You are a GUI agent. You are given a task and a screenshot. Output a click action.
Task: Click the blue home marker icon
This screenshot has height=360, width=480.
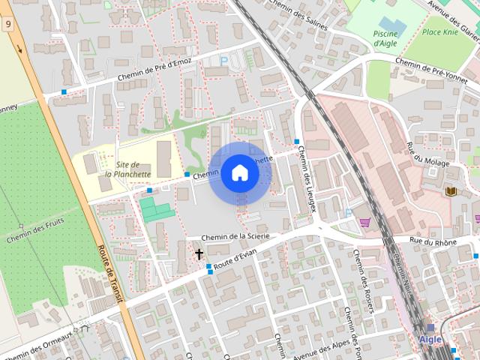pos(239,172)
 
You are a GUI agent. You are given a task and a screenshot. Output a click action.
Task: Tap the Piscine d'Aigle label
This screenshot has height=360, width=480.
pos(385,38)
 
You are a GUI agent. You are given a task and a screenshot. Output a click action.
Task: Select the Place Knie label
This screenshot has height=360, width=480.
pos(439,31)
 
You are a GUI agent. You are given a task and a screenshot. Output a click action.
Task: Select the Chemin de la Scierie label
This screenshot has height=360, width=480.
pos(235,236)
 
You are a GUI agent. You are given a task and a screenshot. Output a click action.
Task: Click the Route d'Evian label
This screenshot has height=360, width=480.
pos(235,261)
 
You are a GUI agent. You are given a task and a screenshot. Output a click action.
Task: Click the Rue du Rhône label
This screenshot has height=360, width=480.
pos(433,241)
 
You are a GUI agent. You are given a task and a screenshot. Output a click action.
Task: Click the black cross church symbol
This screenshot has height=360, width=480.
pos(199,254)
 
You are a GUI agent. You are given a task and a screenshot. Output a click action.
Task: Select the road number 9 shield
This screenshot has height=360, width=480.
pos(7,24)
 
